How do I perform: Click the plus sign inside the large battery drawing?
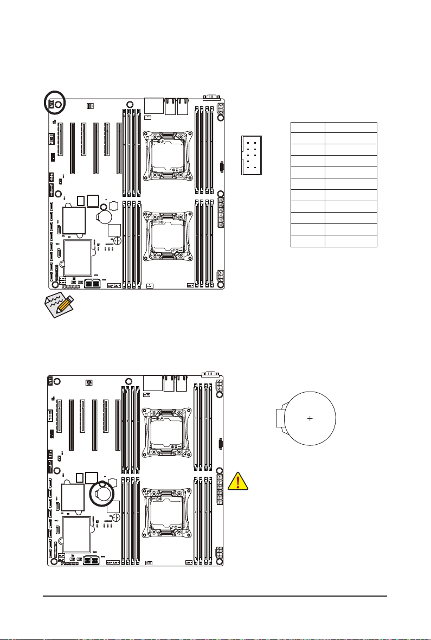pos(310,419)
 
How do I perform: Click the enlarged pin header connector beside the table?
pos(250,155)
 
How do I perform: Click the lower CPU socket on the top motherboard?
pos(169,234)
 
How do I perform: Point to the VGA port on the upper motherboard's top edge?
pos(210,98)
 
